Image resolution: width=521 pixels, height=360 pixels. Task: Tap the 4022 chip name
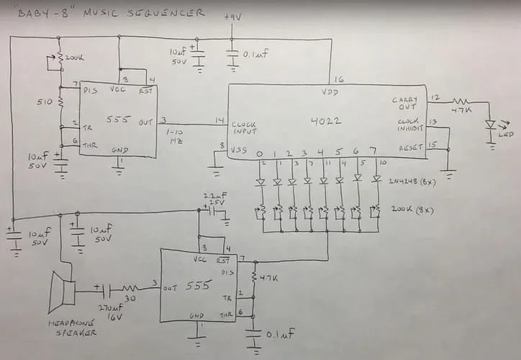click(327, 121)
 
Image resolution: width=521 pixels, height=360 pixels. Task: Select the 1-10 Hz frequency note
click(174, 136)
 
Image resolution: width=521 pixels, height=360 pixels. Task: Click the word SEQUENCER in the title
click(166, 12)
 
